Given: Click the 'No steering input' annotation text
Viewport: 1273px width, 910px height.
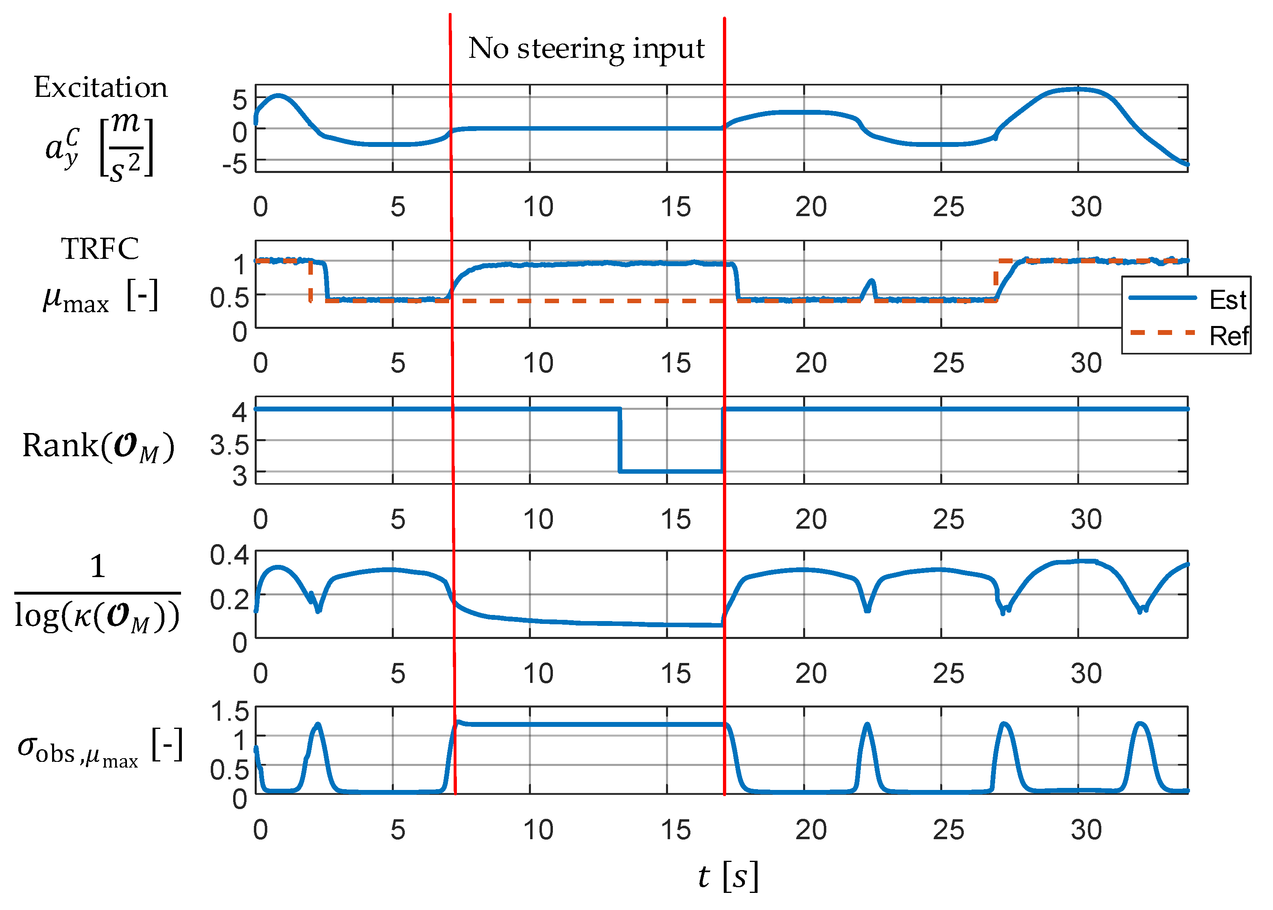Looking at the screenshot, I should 586,49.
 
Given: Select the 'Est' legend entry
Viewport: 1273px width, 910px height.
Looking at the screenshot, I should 1227,300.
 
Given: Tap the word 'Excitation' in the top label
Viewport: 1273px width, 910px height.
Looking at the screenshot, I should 101,88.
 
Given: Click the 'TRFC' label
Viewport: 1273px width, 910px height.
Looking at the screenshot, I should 100,249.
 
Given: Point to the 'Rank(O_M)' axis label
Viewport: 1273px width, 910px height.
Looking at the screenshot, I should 98,447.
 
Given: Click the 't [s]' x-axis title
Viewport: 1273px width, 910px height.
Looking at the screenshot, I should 727,876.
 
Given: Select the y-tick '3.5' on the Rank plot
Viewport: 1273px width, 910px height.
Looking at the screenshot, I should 229,446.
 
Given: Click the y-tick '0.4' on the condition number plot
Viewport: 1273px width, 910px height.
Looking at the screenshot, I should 229,555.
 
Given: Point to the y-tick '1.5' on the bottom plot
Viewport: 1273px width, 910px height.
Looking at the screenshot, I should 229,712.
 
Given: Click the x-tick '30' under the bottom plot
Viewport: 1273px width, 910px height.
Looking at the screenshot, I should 1086,830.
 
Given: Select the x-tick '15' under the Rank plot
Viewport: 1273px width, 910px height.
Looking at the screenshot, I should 675,519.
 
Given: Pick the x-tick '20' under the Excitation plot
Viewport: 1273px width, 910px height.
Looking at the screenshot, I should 811,207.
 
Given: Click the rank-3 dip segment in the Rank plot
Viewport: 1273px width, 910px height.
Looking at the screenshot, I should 670,471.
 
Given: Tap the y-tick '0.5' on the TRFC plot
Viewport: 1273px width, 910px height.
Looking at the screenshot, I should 229,298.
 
